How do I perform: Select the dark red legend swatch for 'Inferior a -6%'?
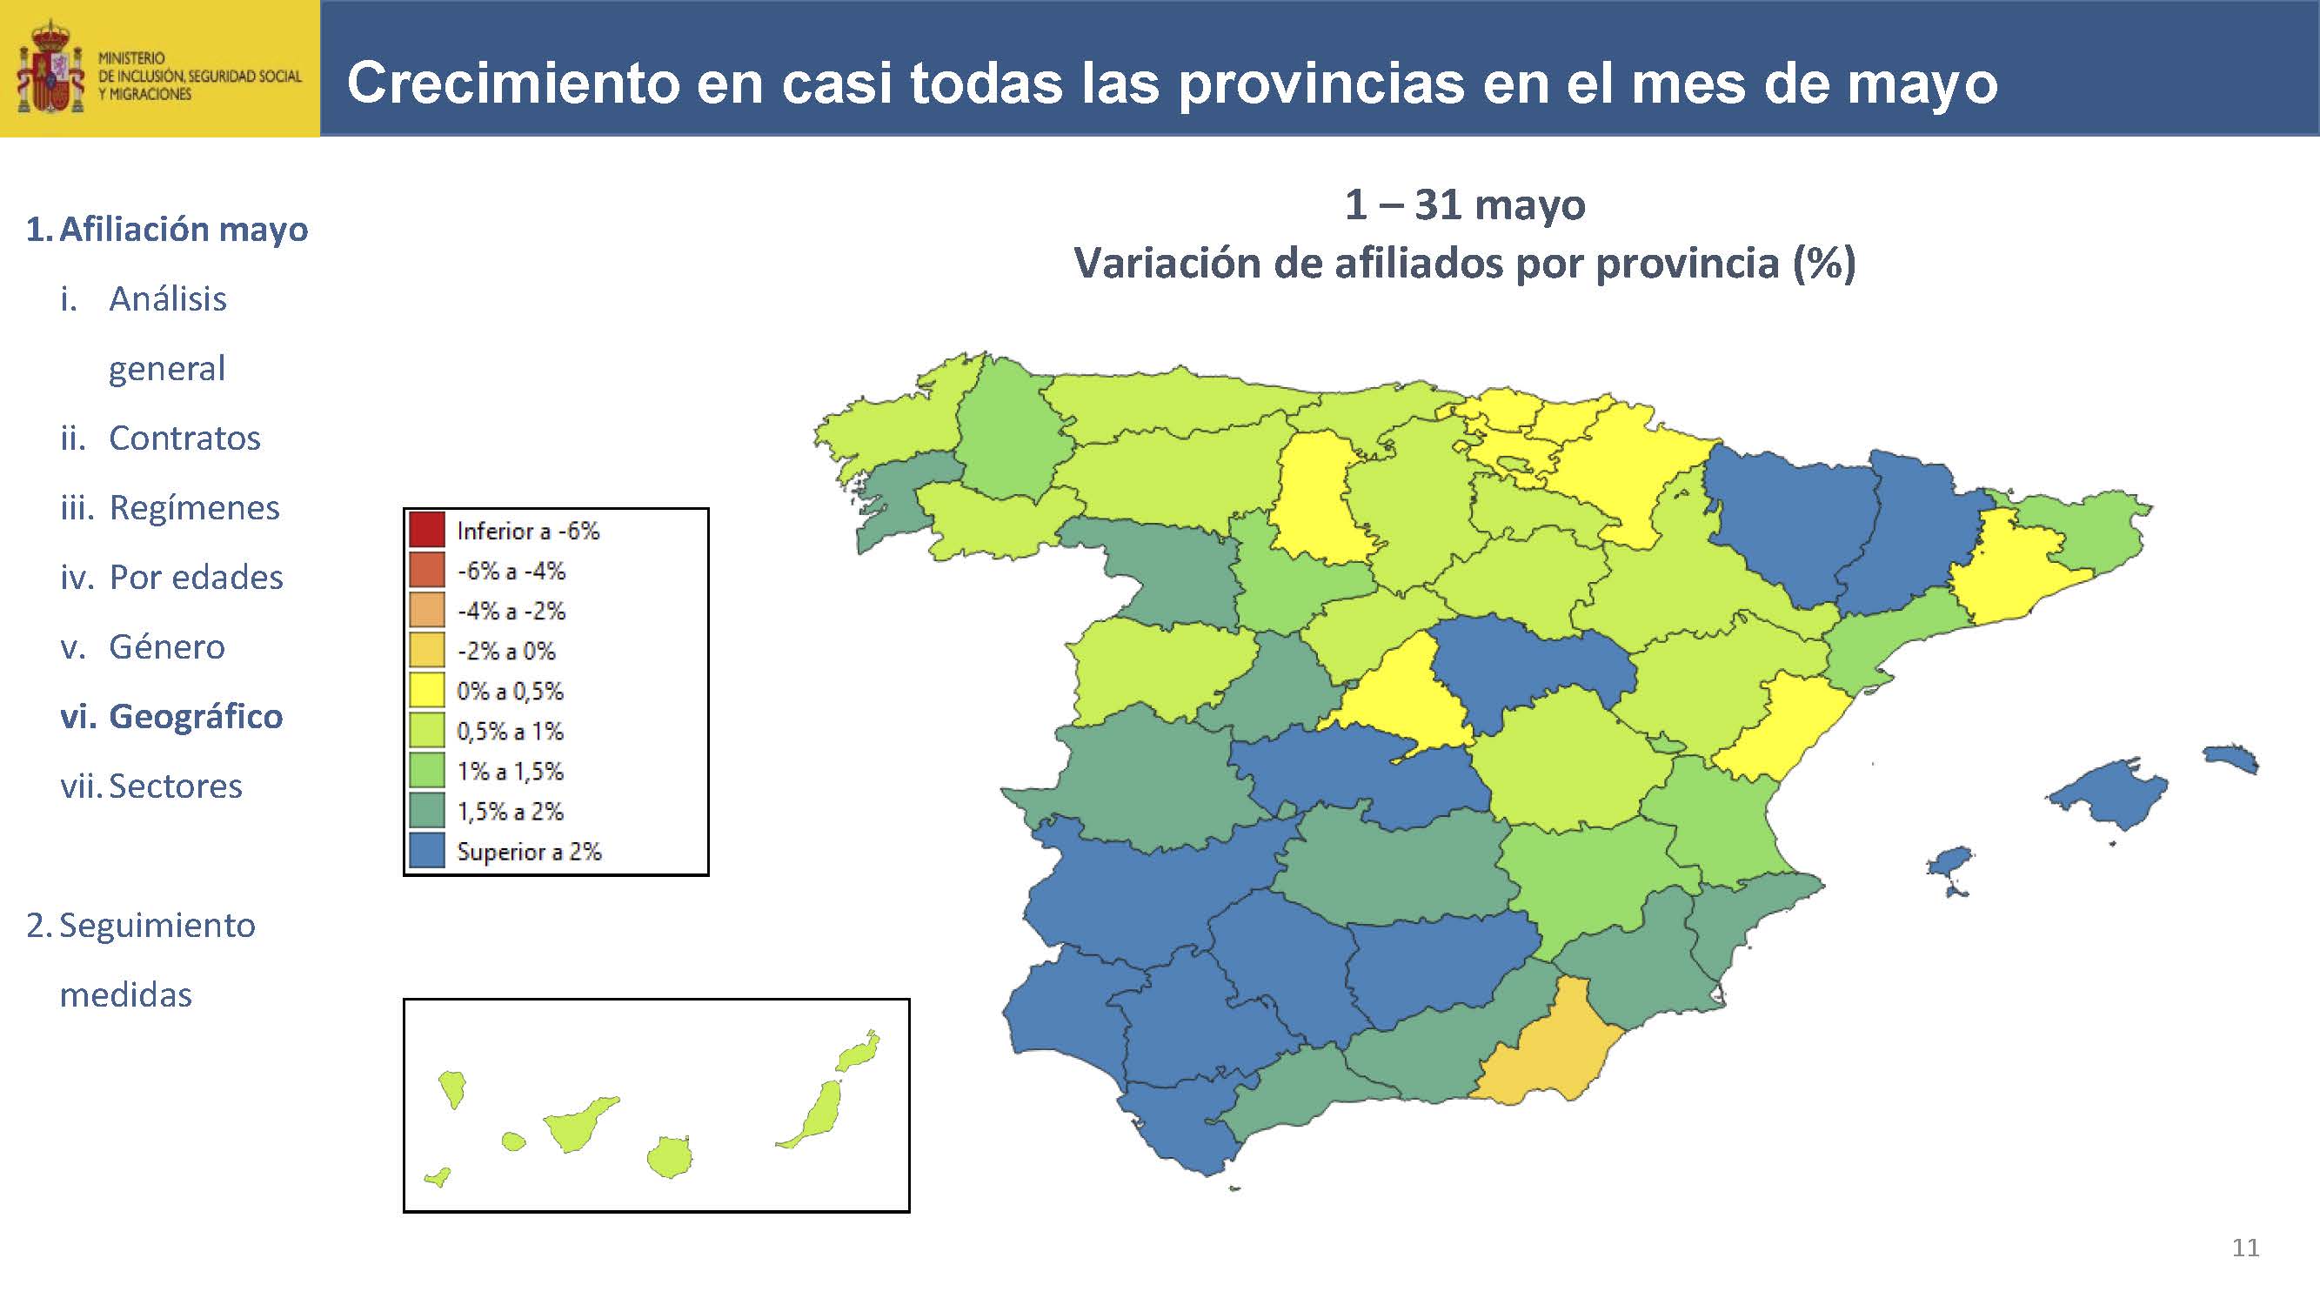tap(426, 530)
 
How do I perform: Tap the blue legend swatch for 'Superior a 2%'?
tap(426, 851)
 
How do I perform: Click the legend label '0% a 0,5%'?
tap(510, 692)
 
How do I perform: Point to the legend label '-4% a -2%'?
tap(511, 612)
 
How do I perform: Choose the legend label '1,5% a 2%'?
tap(510, 812)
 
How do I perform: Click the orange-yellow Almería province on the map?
tap(1545, 1049)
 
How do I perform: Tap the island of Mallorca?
tap(2108, 793)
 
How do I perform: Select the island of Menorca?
tap(2232, 758)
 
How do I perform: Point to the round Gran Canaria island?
tap(670, 1157)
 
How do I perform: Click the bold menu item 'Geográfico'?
tap(196, 717)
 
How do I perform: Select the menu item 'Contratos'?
tap(184, 438)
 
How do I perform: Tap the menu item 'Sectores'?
tap(176, 786)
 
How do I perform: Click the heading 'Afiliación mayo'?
tap(183, 230)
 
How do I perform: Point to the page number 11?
tap(2245, 1248)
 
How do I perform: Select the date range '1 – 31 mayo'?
tap(1464, 205)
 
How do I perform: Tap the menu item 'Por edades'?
tap(196, 578)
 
